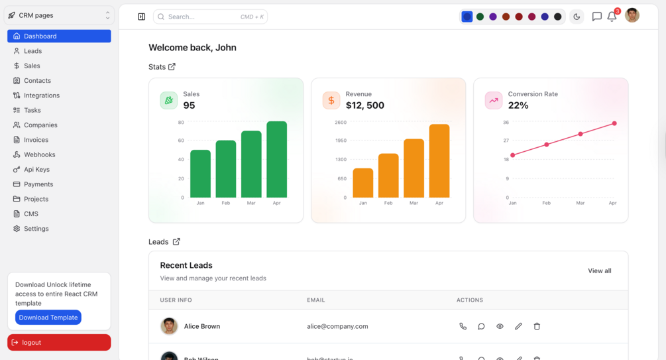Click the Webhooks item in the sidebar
pos(39,154)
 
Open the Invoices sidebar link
pos(36,140)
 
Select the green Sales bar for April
pos(276,159)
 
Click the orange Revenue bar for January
pos(362,183)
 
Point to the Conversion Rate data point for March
pos(581,134)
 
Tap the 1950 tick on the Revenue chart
pos(340,141)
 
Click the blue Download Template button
pos(48,318)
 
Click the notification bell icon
pos(612,17)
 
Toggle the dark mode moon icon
pos(577,17)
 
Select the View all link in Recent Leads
pos(599,270)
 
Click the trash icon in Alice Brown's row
pos(537,326)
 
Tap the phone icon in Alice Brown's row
pos(463,326)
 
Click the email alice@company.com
pos(337,326)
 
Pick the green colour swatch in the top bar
pos(480,17)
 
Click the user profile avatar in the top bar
pos(632,15)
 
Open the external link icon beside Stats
pos(172,67)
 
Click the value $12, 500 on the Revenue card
pos(364,105)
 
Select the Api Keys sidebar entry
pos(36,170)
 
